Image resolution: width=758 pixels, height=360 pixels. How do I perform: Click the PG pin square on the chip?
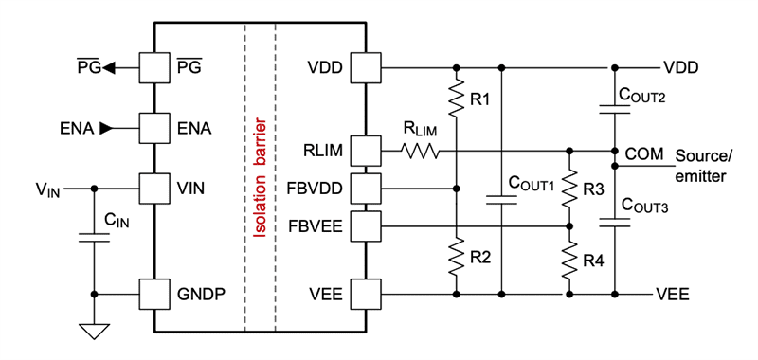pos(154,67)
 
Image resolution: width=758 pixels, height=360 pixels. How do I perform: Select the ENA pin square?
pos(154,126)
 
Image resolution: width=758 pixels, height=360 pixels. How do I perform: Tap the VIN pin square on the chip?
pos(154,188)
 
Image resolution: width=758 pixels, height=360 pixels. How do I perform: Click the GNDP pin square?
pos(154,293)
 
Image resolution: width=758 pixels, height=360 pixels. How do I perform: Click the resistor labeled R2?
pos(457,256)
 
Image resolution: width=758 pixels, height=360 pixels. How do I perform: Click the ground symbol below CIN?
pos(95,331)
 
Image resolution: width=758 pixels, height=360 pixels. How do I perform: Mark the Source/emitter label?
pos(705,165)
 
